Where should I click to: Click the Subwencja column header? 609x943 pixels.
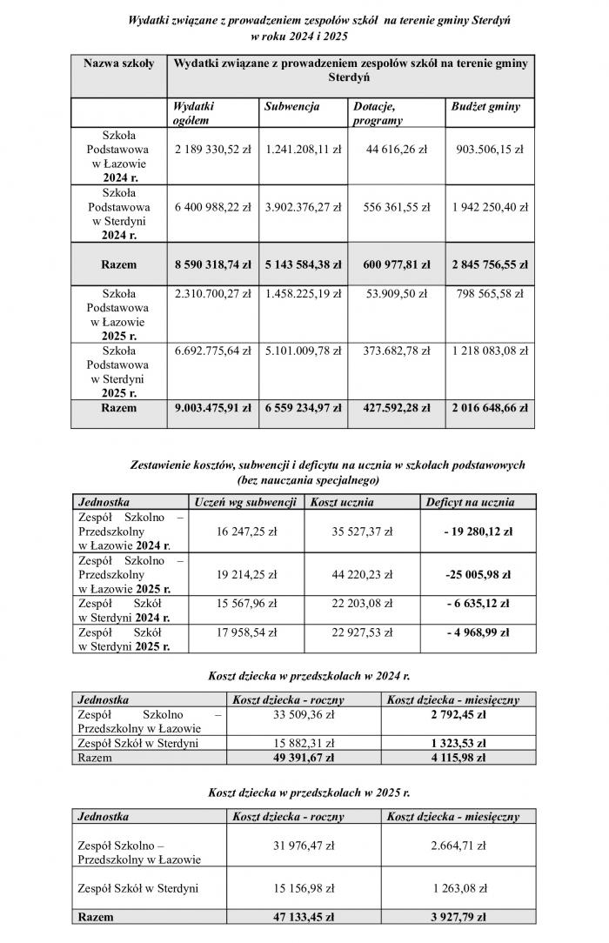point(292,107)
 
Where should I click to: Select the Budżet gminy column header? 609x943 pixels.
point(485,107)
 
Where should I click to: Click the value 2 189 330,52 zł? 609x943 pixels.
point(212,150)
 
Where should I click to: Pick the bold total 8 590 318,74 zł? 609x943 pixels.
point(212,264)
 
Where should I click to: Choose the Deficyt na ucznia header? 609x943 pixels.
point(470,502)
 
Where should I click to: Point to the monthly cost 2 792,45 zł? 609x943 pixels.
point(452,714)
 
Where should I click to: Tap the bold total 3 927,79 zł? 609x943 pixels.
point(452,917)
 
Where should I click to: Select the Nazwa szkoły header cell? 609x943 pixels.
point(118,63)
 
